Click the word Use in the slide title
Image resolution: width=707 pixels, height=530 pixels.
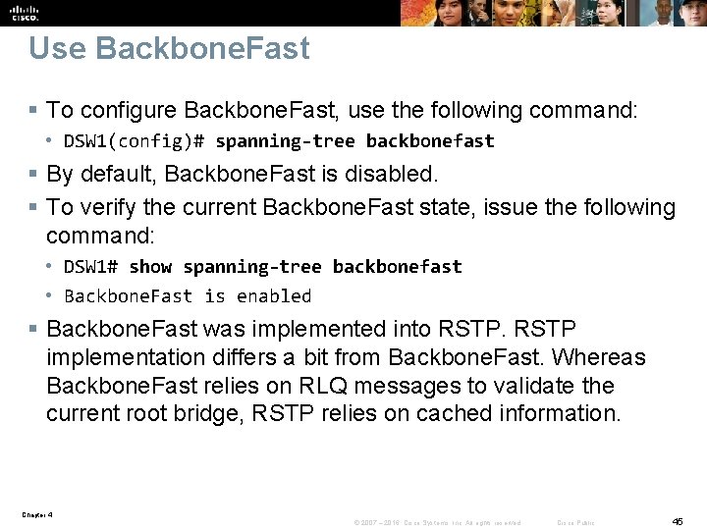point(55,48)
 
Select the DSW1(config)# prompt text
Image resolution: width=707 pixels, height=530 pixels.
point(134,140)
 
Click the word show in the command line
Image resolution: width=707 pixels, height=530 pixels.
point(150,266)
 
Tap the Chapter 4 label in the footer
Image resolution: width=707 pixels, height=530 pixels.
point(36,513)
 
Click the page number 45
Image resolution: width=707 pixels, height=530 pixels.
point(678,520)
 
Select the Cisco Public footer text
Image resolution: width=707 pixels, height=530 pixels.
point(575,522)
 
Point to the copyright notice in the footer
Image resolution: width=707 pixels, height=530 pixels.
point(437,522)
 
